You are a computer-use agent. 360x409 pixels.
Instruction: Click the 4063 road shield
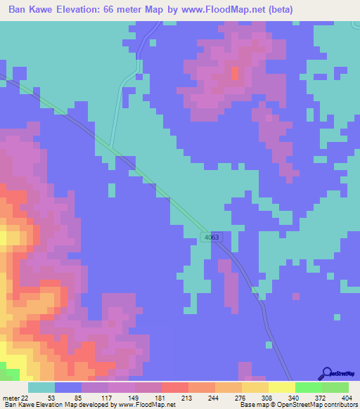(x=213, y=238)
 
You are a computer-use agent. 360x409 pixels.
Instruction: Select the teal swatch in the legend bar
(x=41, y=387)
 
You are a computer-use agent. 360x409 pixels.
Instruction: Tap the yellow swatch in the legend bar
(x=281, y=387)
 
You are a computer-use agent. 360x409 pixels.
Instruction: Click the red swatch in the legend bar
(x=174, y=387)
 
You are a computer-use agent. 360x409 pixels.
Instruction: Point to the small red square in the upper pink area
(x=235, y=73)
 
